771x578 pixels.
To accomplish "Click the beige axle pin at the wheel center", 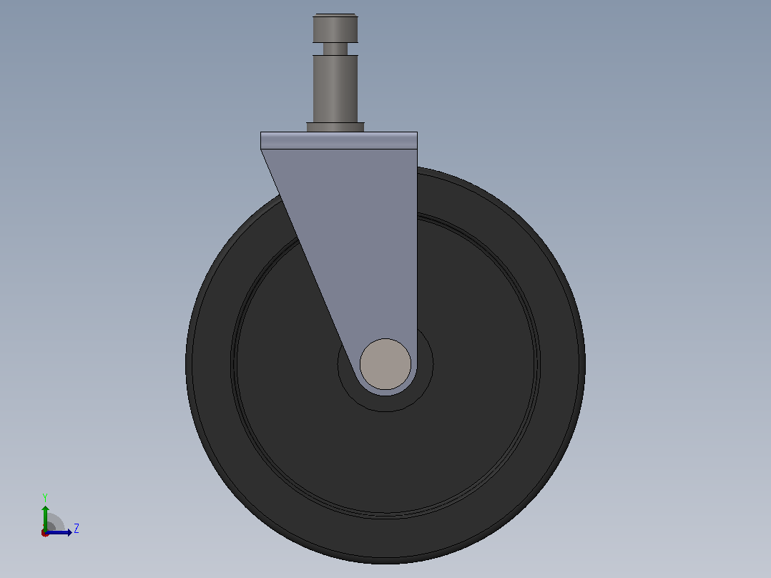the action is click(x=385, y=364).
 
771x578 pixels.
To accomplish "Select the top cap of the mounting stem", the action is click(x=335, y=28).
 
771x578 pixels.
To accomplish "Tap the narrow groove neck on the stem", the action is click(x=335, y=49).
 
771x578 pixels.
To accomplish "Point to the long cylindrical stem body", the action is click(x=335, y=89).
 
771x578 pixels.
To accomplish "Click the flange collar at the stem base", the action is click(x=335, y=127).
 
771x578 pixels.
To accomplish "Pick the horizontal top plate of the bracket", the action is click(x=339, y=141).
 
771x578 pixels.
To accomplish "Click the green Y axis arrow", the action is click(x=45, y=518).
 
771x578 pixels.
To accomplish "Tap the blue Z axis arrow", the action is click(x=59, y=532).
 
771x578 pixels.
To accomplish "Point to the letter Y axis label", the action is click(x=45, y=497).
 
